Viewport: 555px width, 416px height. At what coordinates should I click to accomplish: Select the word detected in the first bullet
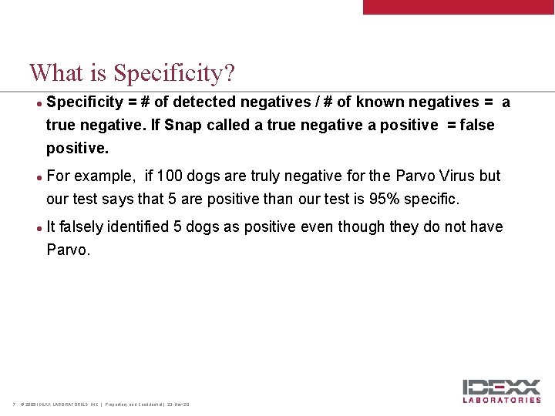pos(206,102)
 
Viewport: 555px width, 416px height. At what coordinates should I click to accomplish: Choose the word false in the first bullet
pos(477,125)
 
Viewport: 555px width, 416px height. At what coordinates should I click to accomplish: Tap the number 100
pos(170,176)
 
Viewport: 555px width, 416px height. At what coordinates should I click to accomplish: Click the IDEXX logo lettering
pos(501,387)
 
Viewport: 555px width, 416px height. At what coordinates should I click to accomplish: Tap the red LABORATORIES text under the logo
pos(501,400)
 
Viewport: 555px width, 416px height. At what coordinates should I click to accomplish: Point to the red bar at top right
pos(459,7)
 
